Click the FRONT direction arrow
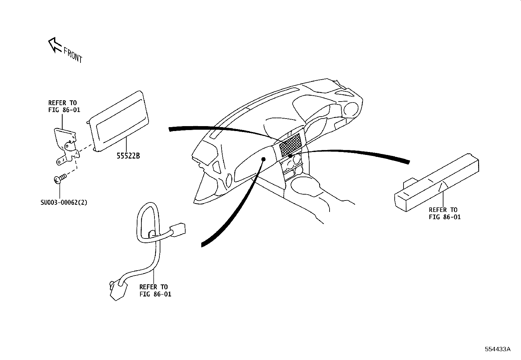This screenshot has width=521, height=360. [x=54, y=45]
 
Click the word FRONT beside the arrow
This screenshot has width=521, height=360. [x=73, y=55]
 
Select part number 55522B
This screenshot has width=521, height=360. [x=128, y=156]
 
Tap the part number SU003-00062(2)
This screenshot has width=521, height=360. [x=64, y=202]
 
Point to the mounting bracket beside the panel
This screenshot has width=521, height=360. [x=65, y=144]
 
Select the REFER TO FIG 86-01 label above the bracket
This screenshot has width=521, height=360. [x=64, y=106]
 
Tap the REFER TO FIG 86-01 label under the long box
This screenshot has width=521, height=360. [x=444, y=213]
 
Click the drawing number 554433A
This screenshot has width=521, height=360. [x=497, y=349]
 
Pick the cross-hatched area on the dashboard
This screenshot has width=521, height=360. [x=290, y=144]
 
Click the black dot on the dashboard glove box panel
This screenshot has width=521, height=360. [x=263, y=159]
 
